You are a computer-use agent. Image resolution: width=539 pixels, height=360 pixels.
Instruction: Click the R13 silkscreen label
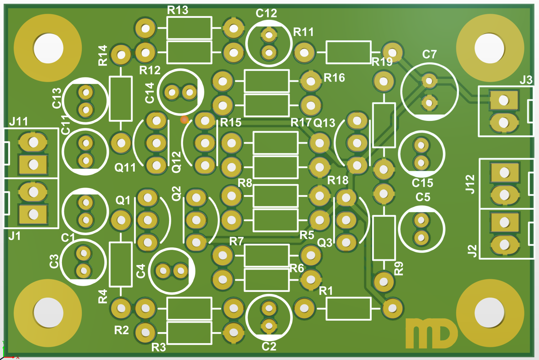(178, 10)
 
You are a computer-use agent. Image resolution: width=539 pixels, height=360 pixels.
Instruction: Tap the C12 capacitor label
(266, 13)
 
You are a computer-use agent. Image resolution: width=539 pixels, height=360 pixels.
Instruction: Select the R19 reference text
(382, 62)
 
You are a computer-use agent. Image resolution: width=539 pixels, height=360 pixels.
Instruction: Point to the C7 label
(429, 54)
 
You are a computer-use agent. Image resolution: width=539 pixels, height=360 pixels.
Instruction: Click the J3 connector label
(526, 80)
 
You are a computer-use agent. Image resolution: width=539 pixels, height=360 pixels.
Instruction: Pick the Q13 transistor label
(324, 123)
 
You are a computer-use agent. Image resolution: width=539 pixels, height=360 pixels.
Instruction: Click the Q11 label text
(125, 167)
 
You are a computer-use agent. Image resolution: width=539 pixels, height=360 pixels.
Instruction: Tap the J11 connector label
(19, 121)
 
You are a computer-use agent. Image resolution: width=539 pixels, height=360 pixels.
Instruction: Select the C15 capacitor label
(422, 183)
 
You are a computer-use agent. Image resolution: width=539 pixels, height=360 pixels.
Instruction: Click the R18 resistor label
(338, 181)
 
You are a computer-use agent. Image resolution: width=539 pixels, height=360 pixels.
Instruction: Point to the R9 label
(399, 269)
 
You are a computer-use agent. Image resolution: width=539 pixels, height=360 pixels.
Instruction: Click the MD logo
(431, 333)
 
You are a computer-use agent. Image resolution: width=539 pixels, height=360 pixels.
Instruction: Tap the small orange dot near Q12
(184, 120)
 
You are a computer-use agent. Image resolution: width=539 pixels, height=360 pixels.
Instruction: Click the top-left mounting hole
(48, 48)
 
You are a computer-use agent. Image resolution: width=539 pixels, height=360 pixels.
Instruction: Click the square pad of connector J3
(504, 100)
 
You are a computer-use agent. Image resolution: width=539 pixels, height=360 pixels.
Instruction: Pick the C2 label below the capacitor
(269, 347)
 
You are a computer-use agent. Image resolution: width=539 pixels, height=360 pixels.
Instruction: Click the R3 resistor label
(159, 347)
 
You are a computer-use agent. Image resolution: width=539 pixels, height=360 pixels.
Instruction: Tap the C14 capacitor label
(150, 93)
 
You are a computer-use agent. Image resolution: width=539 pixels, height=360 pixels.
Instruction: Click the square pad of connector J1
(33, 214)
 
